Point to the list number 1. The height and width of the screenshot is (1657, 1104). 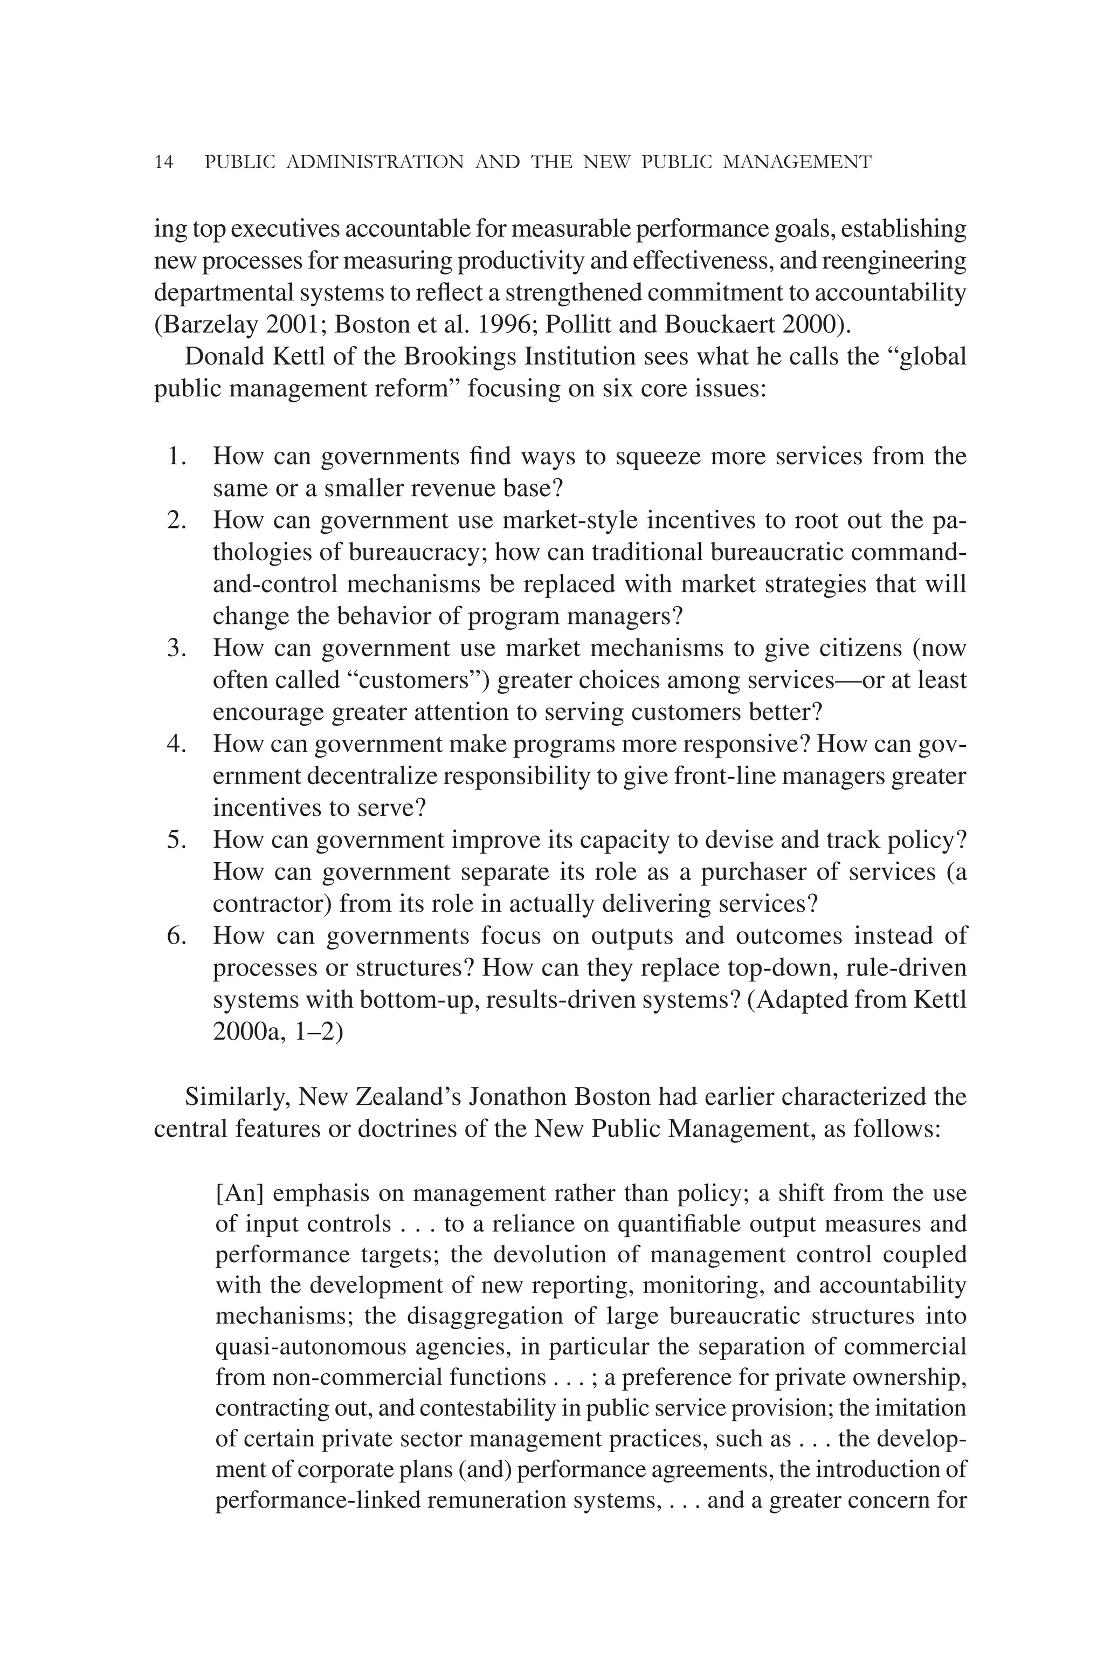click(176, 456)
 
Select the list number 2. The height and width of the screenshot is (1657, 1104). click(176, 520)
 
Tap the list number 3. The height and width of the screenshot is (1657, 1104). click(176, 648)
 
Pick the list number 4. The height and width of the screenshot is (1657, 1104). click(176, 744)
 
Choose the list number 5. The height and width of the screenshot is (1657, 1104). click(176, 840)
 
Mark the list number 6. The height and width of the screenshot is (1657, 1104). click(176, 936)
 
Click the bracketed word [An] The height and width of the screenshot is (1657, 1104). click(239, 1194)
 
